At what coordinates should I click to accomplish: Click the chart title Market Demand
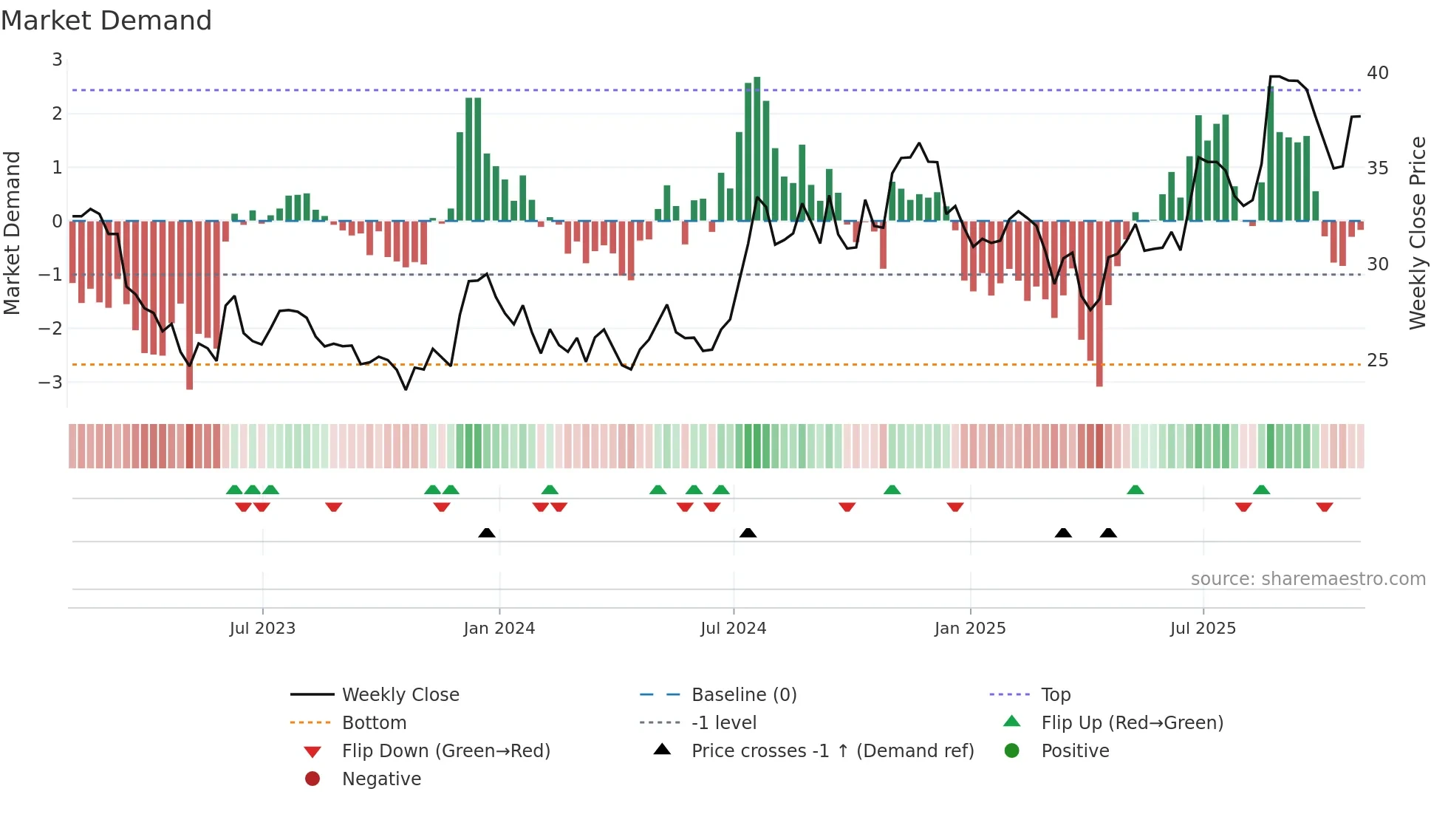(106, 21)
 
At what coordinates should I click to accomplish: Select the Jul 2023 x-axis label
(262, 629)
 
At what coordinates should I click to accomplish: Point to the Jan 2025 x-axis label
(969, 629)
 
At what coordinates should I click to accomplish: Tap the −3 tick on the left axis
(51, 383)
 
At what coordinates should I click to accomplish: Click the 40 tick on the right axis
(1377, 73)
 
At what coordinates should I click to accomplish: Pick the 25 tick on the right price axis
(1377, 360)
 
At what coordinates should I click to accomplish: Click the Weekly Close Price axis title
(1417, 233)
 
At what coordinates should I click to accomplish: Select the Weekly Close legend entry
(400, 695)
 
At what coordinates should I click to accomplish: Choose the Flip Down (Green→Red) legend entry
(445, 751)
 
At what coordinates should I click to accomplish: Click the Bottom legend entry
(374, 723)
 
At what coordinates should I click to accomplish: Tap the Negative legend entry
(381, 779)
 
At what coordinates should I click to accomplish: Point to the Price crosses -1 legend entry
(832, 751)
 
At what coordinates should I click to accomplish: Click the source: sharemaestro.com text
(1308, 579)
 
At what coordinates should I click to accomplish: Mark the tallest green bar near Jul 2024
(757, 148)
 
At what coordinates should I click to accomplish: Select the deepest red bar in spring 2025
(1099, 303)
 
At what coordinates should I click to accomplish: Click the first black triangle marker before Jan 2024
(487, 533)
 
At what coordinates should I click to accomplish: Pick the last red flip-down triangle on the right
(1324, 507)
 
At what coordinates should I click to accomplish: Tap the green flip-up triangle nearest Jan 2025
(892, 490)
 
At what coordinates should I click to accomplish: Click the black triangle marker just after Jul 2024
(748, 533)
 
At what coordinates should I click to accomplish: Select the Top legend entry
(1055, 695)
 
